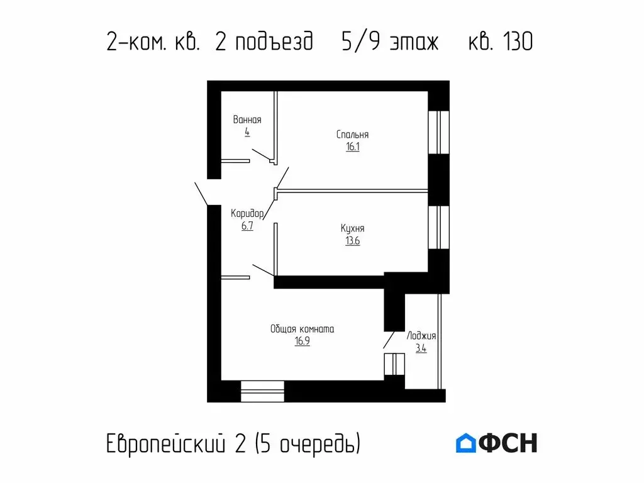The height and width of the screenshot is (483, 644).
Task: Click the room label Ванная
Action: [x=247, y=119]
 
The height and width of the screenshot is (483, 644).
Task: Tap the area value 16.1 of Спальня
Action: [x=352, y=147]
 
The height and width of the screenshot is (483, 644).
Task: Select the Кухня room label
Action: [x=352, y=229]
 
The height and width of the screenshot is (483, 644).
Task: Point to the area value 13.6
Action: [x=352, y=241]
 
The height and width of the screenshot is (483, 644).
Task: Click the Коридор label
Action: [x=247, y=213]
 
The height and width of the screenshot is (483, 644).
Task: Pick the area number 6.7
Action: [x=247, y=226]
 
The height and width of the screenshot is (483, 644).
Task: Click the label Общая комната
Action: [x=302, y=329]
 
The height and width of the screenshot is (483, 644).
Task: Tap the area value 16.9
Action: [x=302, y=341]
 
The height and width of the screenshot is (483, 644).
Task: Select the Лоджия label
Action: [x=421, y=336]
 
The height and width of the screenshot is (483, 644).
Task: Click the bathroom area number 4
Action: [x=247, y=132]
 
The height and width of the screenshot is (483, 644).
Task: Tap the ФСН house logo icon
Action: [x=466, y=443]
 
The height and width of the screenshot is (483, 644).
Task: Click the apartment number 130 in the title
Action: [x=518, y=42]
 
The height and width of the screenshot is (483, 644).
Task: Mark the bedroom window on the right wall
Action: [x=438, y=132]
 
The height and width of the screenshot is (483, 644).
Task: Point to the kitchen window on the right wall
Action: [x=438, y=227]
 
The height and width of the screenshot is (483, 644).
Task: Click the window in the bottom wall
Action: [x=263, y=391]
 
